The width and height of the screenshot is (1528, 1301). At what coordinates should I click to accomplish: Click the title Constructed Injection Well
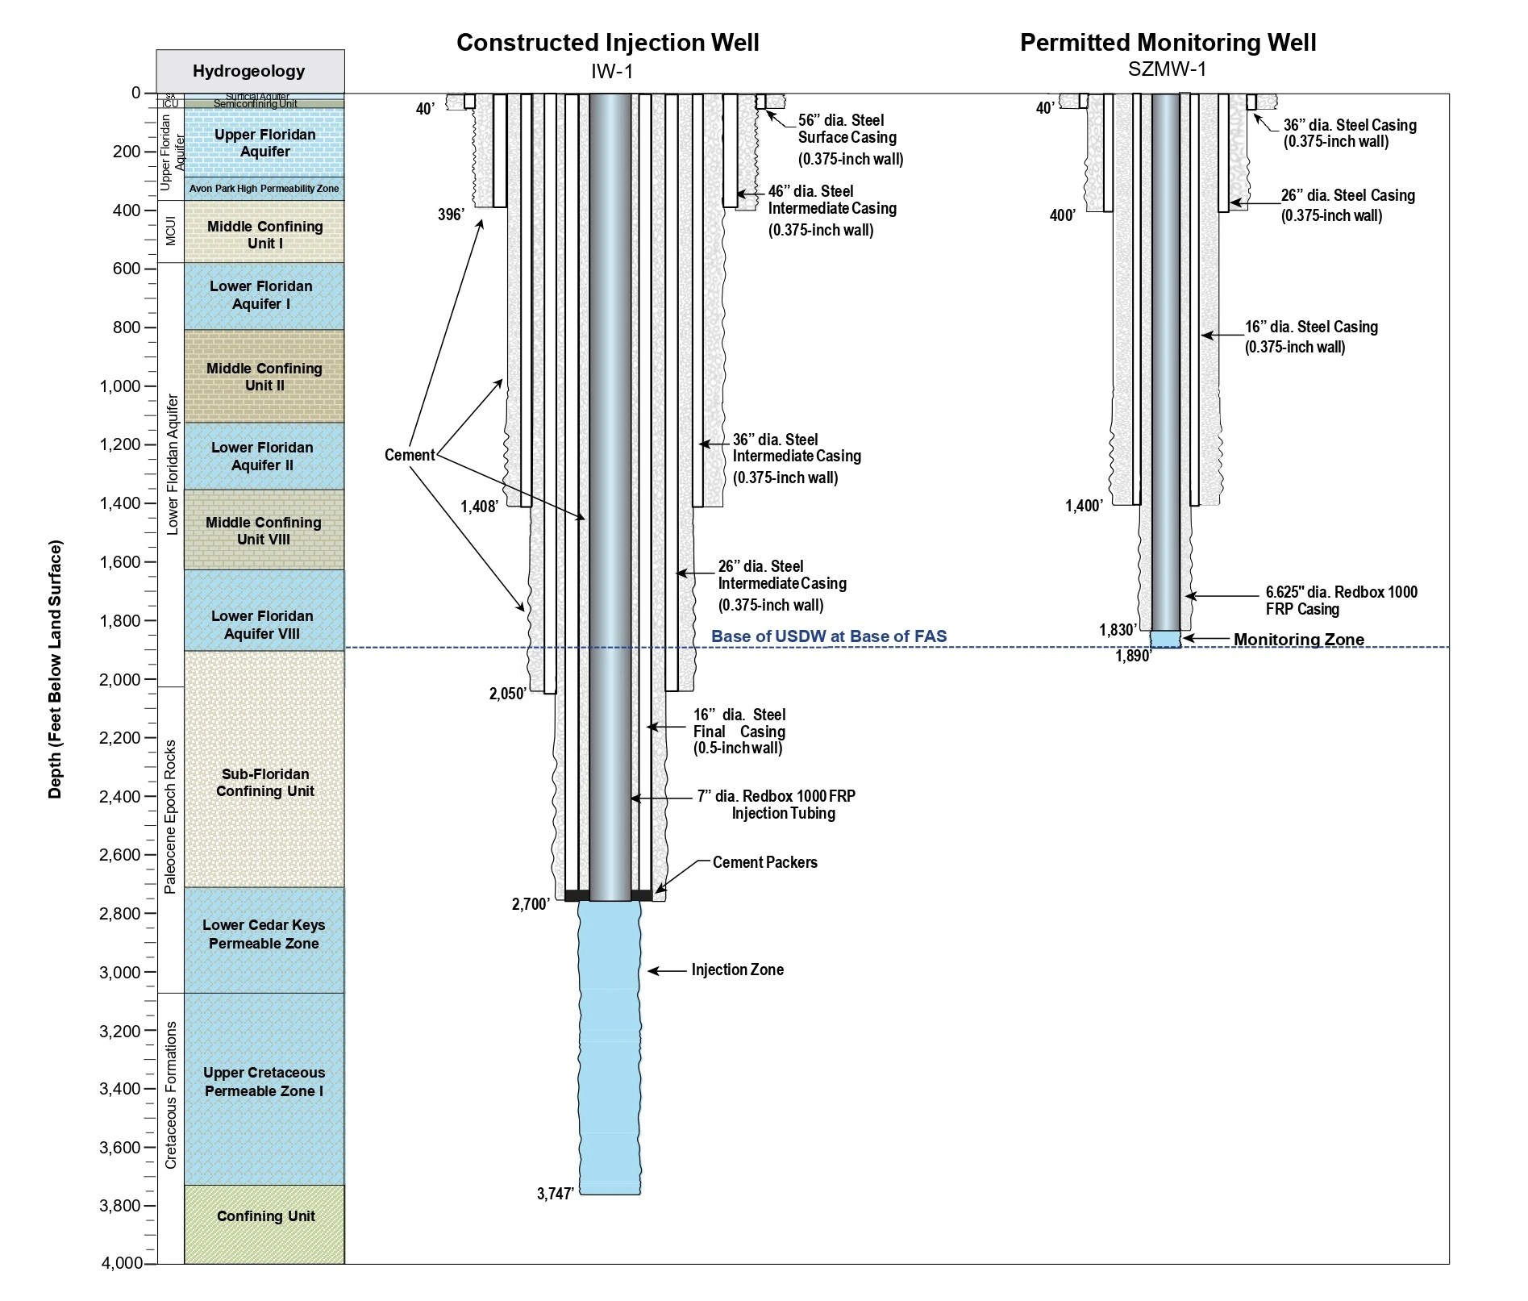(607, 43)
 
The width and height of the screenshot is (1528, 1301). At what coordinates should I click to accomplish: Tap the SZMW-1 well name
(1167, 69)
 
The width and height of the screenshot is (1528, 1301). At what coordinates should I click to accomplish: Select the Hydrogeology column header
(249, 71)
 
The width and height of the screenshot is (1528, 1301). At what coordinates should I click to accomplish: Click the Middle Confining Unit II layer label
(264, 377)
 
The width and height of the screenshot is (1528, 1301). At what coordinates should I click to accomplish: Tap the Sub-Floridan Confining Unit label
(265, 782)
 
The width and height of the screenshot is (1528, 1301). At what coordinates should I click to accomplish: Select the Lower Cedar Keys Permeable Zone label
(264, 934)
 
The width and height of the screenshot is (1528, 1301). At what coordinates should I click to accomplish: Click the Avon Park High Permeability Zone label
(264, 189)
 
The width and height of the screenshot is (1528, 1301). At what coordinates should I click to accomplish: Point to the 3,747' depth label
(556, 1194)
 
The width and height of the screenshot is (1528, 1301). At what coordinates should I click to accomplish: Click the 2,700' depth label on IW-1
(531, 905)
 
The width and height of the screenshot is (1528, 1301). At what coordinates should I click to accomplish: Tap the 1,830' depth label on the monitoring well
(1118, 630)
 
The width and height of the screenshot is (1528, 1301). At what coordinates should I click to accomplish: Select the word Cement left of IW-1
(410, 455)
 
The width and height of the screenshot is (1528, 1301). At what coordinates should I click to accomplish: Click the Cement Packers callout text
(765, 862)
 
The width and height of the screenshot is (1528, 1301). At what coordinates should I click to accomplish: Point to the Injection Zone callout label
(738, 969)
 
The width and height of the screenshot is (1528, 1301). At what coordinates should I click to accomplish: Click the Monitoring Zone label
(1299, 640)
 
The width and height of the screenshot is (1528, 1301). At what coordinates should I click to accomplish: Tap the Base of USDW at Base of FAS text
(829, 636)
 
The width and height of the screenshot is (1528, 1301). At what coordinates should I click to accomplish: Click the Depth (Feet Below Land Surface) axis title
(55, 670)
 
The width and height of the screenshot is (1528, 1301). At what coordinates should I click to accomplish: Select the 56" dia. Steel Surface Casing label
(851, 140)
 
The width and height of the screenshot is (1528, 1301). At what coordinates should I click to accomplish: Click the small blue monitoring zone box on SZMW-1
(1165, 640)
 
